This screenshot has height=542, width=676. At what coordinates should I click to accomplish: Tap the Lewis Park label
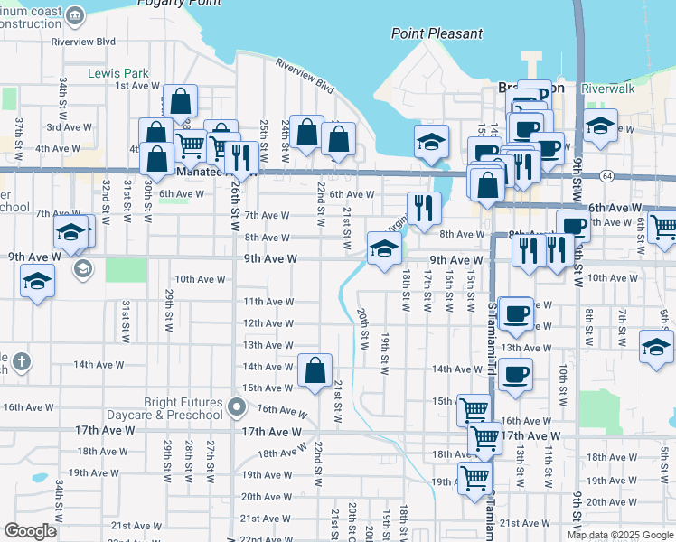tap(118, 72)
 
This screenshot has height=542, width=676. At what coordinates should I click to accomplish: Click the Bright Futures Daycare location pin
tap(237, 407)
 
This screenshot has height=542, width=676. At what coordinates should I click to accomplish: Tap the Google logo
tap(30, 531)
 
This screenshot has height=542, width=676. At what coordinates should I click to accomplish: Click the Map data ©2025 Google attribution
tap(620, 535)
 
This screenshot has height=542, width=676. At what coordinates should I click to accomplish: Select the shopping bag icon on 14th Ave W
tap(315, 371)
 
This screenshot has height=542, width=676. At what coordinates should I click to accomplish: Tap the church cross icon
tap(23, 363)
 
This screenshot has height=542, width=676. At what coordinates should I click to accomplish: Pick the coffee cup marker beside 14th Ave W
tap(515, 374)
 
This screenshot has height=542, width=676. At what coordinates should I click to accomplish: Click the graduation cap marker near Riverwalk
tap(600, 126)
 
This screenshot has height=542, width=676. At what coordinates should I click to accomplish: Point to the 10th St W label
tap(561, 385)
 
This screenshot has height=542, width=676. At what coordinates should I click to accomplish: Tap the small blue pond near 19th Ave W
tap(38, 477)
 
